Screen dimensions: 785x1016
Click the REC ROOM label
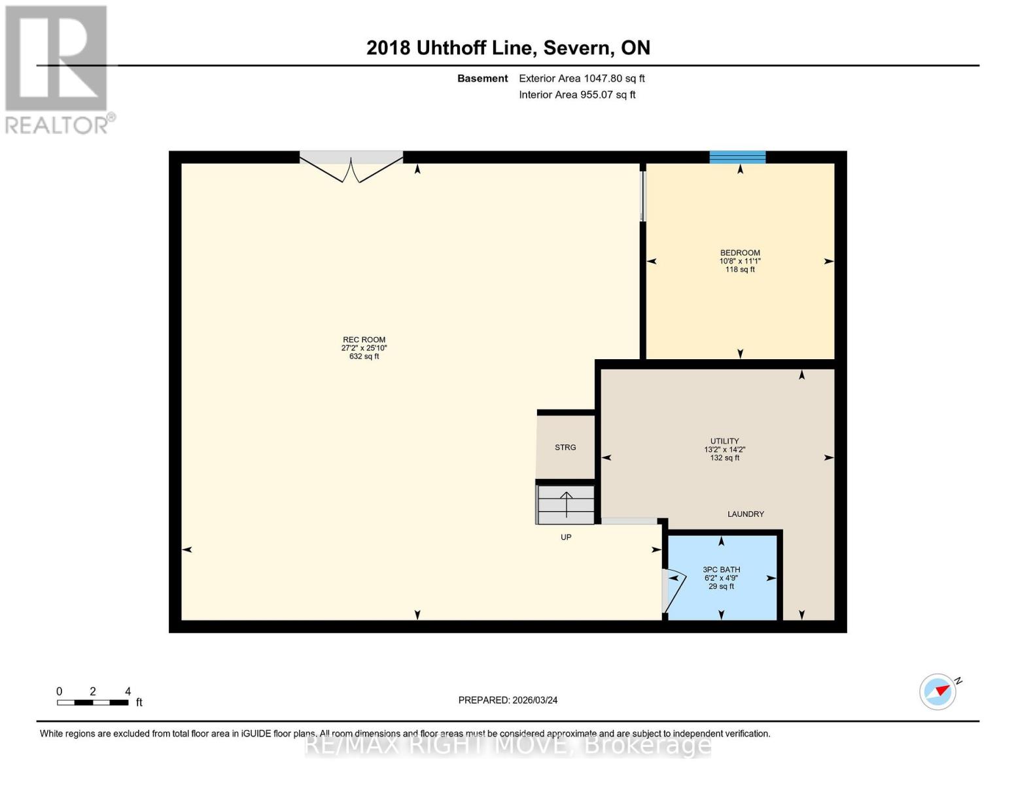click(364, 340)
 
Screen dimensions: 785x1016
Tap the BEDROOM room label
click(740, 253)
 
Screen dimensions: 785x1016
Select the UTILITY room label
click(724, 441)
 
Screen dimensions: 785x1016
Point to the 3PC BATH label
click(721, 570)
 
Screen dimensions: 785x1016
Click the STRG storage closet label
click(565, 447)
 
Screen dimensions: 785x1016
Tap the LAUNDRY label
click(745, 514)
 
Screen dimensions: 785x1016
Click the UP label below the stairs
click(566, 537)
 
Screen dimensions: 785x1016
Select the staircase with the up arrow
click(566, 504)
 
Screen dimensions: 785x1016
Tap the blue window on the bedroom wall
click(737, 157)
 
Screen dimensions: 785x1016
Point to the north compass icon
click(938, 691)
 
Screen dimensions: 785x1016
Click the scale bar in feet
click(92, 703)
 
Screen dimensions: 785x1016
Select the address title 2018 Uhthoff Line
click(508, 48)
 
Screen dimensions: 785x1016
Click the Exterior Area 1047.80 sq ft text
click(582, 78)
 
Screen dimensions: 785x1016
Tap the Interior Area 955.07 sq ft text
click(577, 95)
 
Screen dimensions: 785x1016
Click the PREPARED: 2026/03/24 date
click(508, 700)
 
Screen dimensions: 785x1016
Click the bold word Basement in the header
click(482, 78)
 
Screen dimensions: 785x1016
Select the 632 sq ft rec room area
click(364, 357)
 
